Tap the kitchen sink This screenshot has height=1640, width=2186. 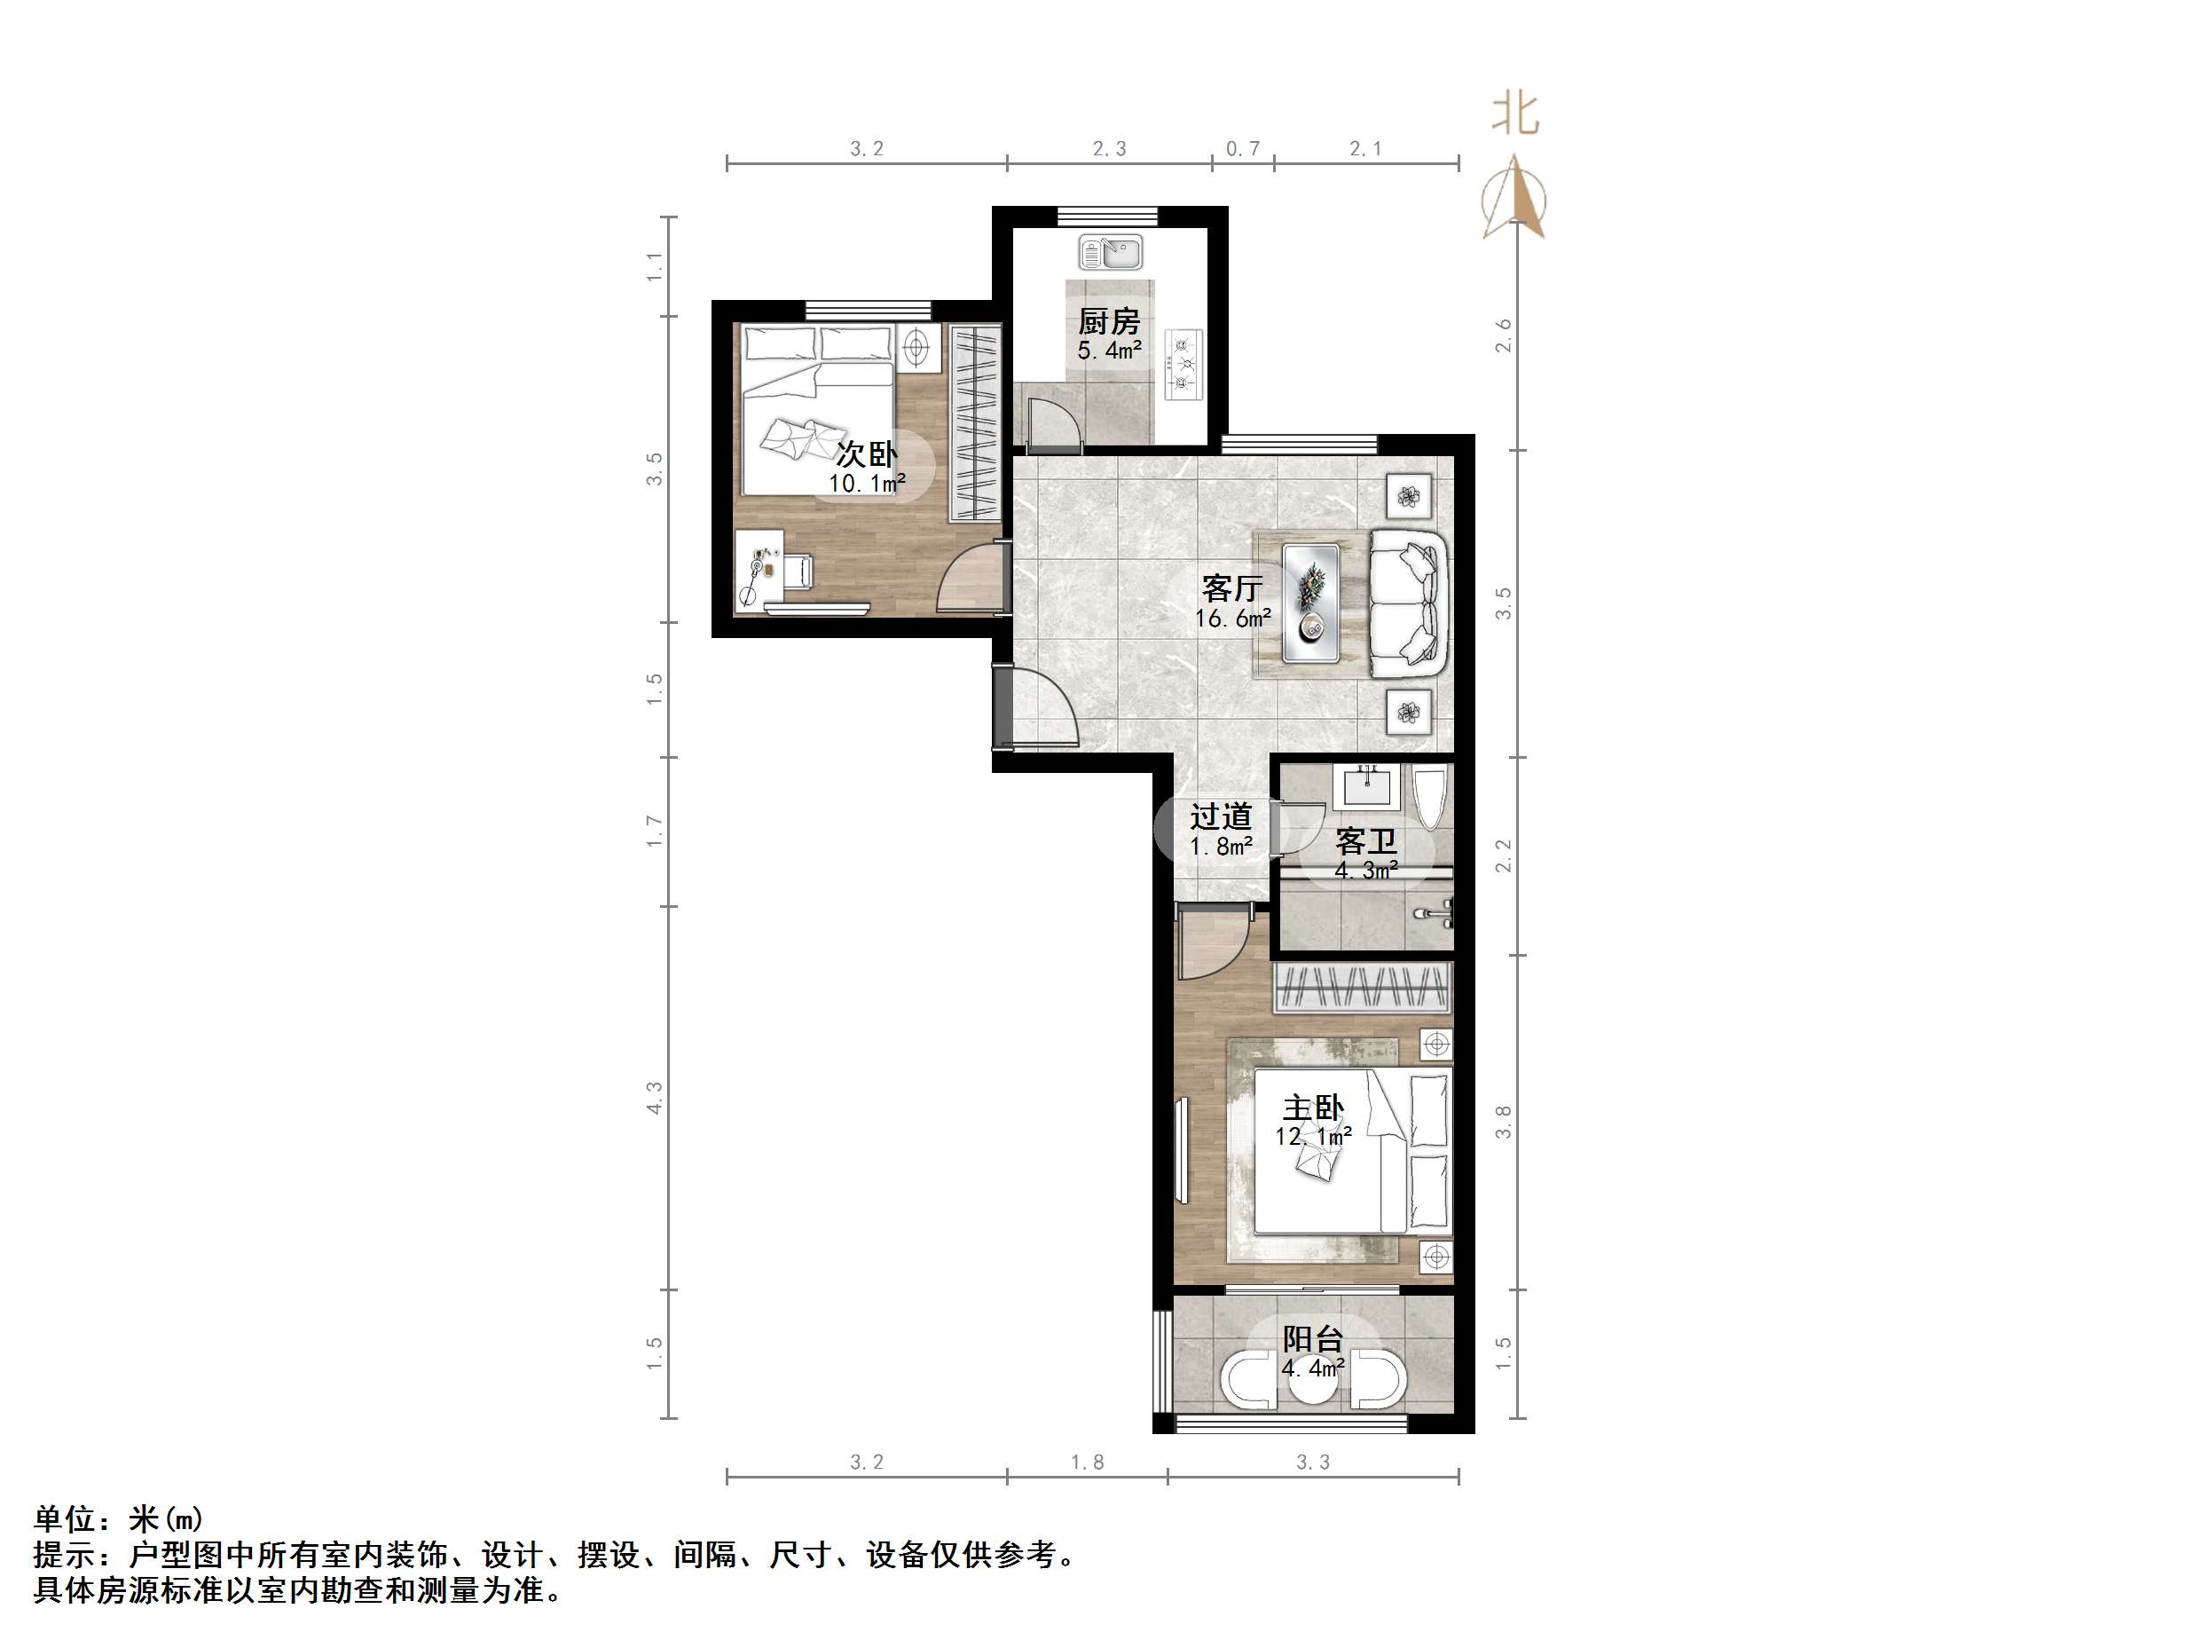point(1110,252)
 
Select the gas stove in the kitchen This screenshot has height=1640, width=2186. point(1183,365)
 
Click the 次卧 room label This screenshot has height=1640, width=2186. point(867,453)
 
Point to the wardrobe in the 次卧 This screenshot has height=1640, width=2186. point(974,422)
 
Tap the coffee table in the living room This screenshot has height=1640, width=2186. point(1311,602)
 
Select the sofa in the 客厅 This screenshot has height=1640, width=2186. point(1408,603)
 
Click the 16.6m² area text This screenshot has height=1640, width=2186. point(1232,619)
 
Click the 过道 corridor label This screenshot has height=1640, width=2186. point(1221,816)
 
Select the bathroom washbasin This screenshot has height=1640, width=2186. point(1368,787)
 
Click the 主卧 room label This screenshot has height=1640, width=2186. point(1312,1108)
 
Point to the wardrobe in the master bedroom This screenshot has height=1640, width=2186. point(1362,986)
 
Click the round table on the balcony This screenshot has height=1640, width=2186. point(1312,1380)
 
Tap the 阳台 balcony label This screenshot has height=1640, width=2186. point(1312,1338)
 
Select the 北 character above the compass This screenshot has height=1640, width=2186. point(1515,114)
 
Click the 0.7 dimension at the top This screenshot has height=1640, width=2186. point(1242,148)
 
